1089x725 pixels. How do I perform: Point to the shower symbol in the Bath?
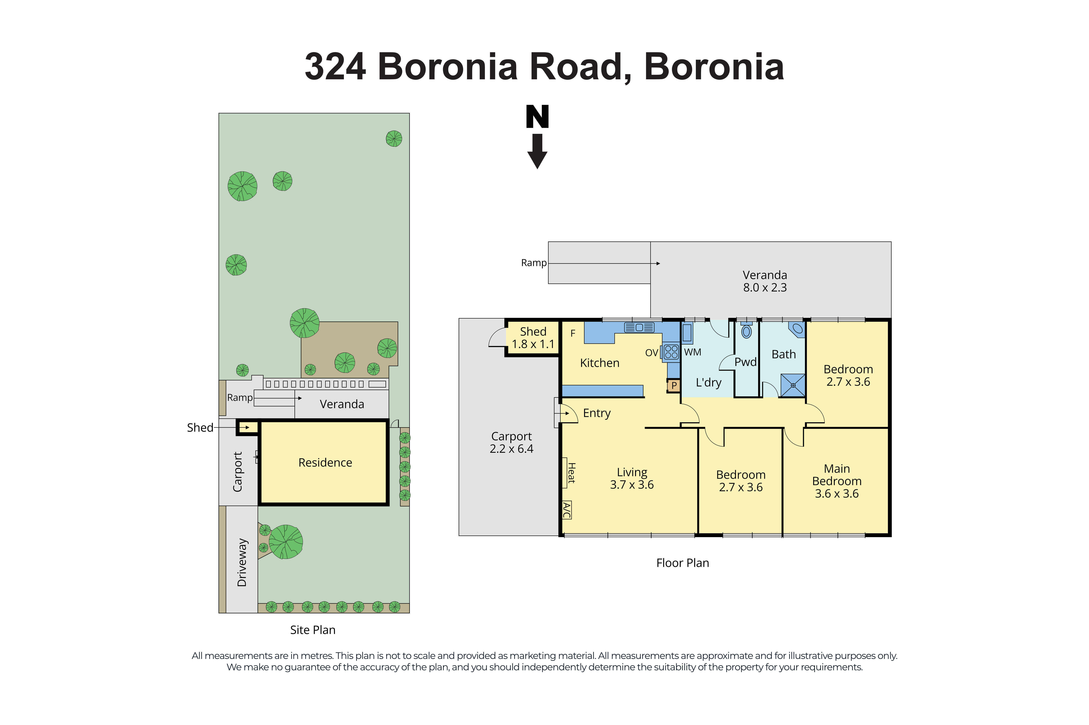[793, 385]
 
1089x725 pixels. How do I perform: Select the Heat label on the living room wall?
[571, 473]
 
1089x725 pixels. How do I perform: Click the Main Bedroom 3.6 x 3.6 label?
[837, 481]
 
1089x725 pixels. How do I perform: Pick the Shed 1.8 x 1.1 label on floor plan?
[533, 337]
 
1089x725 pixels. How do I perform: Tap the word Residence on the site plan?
[325, 462]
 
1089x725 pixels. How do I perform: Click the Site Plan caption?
[313, 630]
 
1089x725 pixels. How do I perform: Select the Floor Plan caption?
[682, 563]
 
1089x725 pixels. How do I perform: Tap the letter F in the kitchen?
[573, 333]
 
